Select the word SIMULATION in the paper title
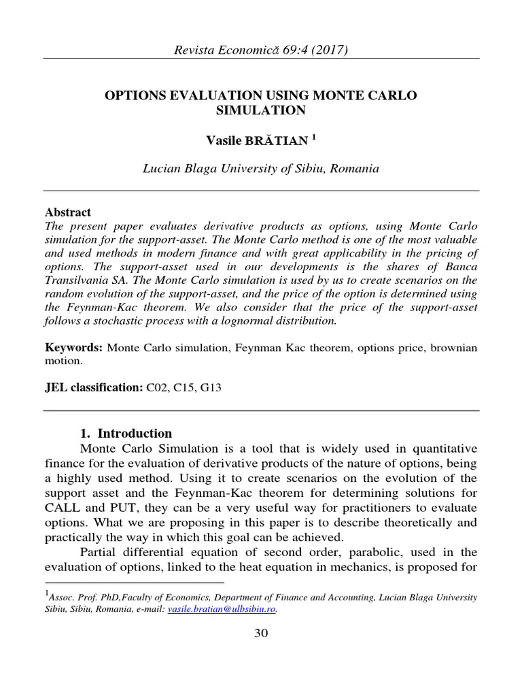point(260,110)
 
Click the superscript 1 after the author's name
point(314,137)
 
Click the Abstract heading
point(67,212)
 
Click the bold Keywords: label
point(73,348)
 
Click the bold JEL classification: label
point(94,387)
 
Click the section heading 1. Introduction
point(126,434)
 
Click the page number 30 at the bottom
point(261,634)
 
